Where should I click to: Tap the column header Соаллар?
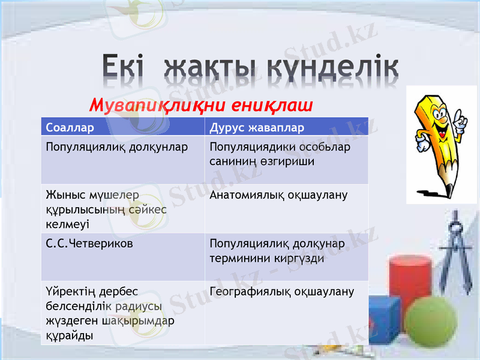pyautogui.click(x=70, y=128)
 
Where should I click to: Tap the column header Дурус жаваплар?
pyautogui.click(x=257, y=128)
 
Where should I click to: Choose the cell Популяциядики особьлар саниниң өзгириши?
pyautogui.click(x=280, y=154)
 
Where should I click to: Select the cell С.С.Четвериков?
pyautogui.click(x=89, y=244)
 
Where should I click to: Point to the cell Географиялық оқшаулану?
pyautogui.click(x=282, y=292)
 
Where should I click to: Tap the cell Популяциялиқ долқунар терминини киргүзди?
pyautogui.click(x=277, y=251)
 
